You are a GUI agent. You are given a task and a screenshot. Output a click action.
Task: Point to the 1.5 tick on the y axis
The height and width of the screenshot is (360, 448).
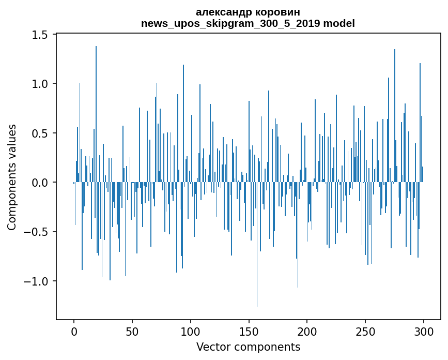(x=41, y=35)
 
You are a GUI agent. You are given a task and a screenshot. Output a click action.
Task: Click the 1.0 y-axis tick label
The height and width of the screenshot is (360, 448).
(x=41, y=84)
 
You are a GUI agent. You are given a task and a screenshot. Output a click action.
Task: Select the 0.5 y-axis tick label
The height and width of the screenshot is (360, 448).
(x=41, y=133)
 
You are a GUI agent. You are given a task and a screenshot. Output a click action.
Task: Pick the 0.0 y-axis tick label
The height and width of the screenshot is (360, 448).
(x=41, y=183)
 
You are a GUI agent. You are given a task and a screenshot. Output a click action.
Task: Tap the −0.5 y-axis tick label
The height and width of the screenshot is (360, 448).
(x=38, y=232)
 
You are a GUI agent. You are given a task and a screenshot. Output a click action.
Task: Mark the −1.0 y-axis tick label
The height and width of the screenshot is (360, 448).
(x=38, y=281)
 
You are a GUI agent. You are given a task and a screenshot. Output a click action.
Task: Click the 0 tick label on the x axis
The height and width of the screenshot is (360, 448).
(x=74, y=331)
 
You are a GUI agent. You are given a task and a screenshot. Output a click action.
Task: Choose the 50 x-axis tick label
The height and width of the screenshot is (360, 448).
(x=132, y=331)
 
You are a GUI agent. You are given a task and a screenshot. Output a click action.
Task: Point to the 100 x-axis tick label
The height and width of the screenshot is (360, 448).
(x=191, y=331)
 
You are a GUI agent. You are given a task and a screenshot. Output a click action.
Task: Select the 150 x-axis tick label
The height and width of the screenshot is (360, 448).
(x=249, y=331)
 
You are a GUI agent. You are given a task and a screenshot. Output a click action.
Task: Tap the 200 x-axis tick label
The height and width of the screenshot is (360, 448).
(x=307, y=331)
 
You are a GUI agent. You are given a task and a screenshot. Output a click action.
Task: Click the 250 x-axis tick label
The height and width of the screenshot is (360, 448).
(x=365, y=331)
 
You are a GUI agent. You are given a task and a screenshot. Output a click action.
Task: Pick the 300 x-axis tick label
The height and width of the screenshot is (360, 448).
(x=424, y=331)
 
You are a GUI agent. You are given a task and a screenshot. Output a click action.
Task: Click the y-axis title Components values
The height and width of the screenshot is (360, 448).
(x=12, y=177)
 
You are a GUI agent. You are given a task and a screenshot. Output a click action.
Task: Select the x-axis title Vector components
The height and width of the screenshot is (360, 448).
(x=248, y=347)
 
